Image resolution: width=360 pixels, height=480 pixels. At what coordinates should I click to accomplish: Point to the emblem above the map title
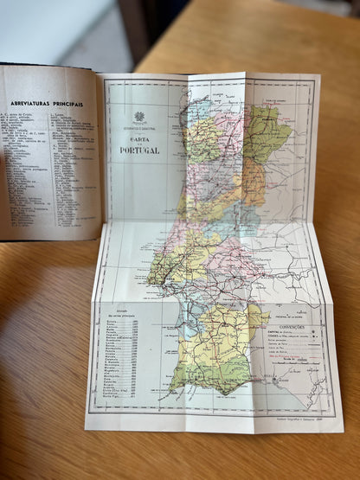pyautogui.click(x=139, y=117)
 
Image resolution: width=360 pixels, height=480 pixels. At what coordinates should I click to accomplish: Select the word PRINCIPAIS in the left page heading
pyautogui.click(x=68, y=104)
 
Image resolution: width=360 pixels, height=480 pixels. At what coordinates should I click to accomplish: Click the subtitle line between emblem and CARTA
pyautogui.click(x=138, y=127)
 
